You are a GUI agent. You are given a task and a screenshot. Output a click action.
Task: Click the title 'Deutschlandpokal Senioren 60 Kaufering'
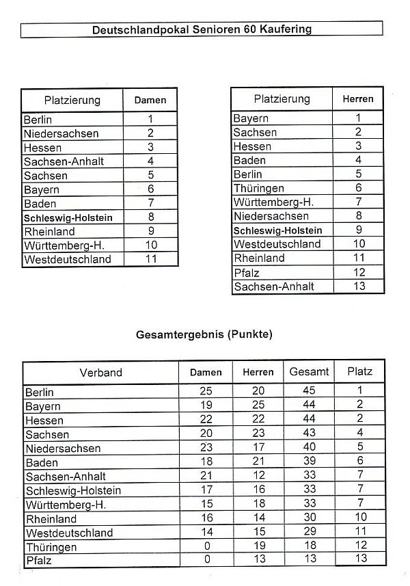202,29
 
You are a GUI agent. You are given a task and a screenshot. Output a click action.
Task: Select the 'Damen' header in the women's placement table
150,100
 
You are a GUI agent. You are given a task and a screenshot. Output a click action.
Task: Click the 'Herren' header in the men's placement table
358,99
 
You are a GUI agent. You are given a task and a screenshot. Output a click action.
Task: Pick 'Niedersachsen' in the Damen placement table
61,134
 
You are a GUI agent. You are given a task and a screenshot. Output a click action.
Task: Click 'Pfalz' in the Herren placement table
247,273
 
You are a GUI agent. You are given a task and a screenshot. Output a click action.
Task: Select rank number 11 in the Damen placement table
151,259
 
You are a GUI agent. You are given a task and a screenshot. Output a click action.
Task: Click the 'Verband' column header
100,373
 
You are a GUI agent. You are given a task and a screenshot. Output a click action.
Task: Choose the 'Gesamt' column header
310,372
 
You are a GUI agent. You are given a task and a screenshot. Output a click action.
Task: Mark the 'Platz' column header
360,372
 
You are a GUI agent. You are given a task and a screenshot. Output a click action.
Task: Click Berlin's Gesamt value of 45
310,392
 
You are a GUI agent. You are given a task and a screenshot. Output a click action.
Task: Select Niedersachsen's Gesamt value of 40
310,448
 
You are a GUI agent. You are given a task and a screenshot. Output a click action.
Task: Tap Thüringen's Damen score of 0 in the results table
207,546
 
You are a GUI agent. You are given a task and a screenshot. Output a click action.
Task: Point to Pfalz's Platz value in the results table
360,559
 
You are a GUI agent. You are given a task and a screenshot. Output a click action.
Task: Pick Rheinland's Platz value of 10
360,518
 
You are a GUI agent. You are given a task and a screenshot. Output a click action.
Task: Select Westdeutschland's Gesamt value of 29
310,531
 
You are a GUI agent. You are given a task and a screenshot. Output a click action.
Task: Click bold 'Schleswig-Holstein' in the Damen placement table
68,217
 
